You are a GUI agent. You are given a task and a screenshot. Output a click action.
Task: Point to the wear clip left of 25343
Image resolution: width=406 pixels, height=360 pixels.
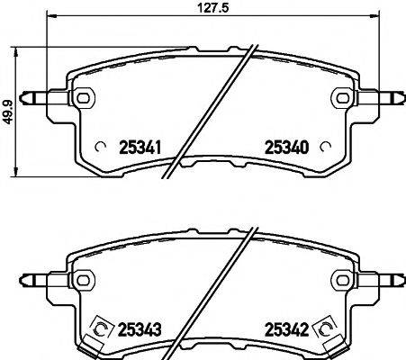point(101,330)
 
